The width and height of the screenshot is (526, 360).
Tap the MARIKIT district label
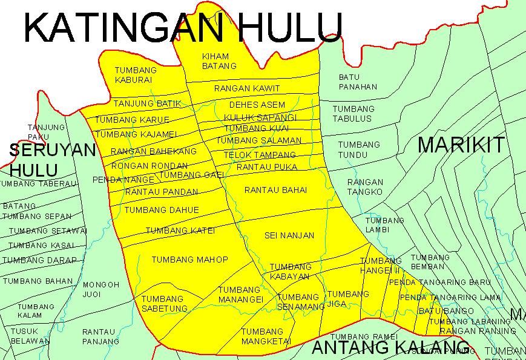[461, 145]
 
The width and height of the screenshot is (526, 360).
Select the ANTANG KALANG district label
[386, 348]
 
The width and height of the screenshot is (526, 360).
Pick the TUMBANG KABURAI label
[136, 74]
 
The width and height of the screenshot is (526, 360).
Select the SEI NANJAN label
[289, 235]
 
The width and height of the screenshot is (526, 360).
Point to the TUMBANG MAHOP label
[189, 260]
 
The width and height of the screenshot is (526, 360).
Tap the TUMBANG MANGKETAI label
[262, 336]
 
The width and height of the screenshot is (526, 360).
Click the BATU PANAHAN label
[358, 82]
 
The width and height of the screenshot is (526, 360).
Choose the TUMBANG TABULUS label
[353, 114]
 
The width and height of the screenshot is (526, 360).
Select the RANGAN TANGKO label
[365, 186]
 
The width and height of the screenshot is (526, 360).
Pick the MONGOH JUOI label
[97, 289]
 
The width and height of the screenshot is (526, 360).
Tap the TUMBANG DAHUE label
[162, 210]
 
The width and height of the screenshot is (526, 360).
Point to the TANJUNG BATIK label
[147, 103]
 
